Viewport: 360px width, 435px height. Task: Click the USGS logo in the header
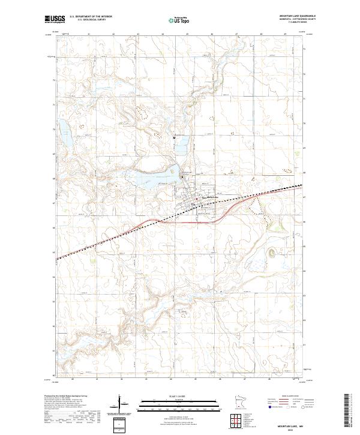[x=55, y=19]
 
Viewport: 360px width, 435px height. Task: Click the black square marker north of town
[x=174, y=137]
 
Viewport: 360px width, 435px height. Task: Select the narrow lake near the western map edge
[x=64, y=137]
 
